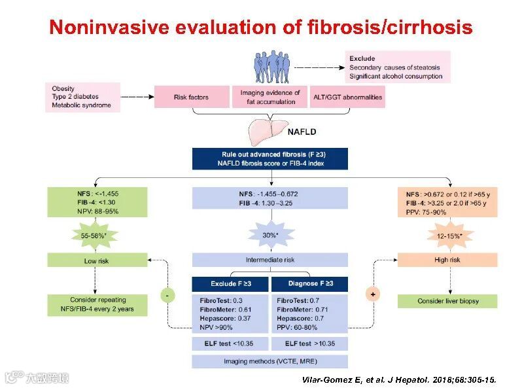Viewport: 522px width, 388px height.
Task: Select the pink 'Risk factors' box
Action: pyautogui.click(x=191, y=97)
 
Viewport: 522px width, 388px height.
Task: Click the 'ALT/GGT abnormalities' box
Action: pyautogui.click(x=347, y=97)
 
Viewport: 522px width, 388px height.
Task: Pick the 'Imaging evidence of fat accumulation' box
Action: pyautogui.click(x=270, y=97)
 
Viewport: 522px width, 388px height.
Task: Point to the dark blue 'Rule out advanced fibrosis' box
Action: pyautogui.click(x=270, y=158)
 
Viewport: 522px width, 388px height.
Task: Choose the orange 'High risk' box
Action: pyautogui.click(x=447, y=260)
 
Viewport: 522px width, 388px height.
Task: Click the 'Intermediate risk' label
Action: pyautogui.click(x=270, y=260)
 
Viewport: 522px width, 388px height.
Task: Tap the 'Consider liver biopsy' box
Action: pyautogui.click(x=447, y=301)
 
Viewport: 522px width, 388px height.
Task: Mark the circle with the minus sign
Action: pyautogui.click(x=167, y=295)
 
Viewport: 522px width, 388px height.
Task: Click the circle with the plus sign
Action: pyautogui.click(x=373, y=295)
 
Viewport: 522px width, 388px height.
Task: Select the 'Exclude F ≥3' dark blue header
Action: pyautogui.click(x=230, y=283)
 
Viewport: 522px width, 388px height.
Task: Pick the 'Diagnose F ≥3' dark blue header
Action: pyautogui.click(x=309, y=283)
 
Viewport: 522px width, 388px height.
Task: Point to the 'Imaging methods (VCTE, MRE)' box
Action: pyautogui.click(x=270, y=361)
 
